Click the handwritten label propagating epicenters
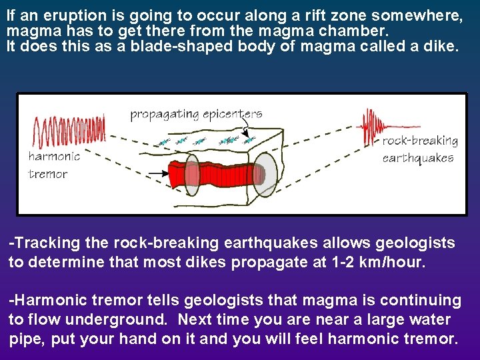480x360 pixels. tap(196, 114)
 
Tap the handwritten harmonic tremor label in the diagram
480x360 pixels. tap(54, 165)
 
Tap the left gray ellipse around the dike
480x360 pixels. tap(192, 175)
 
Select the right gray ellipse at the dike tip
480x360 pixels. tap(266, 174)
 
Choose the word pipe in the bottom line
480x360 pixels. tap(24, 339)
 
